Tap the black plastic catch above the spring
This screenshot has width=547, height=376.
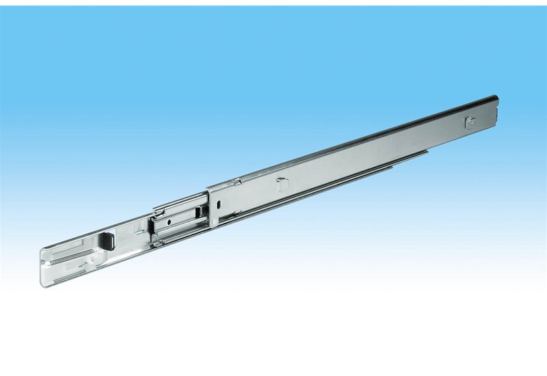pos(107,240)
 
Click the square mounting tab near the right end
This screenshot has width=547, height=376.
pos(468,123)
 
